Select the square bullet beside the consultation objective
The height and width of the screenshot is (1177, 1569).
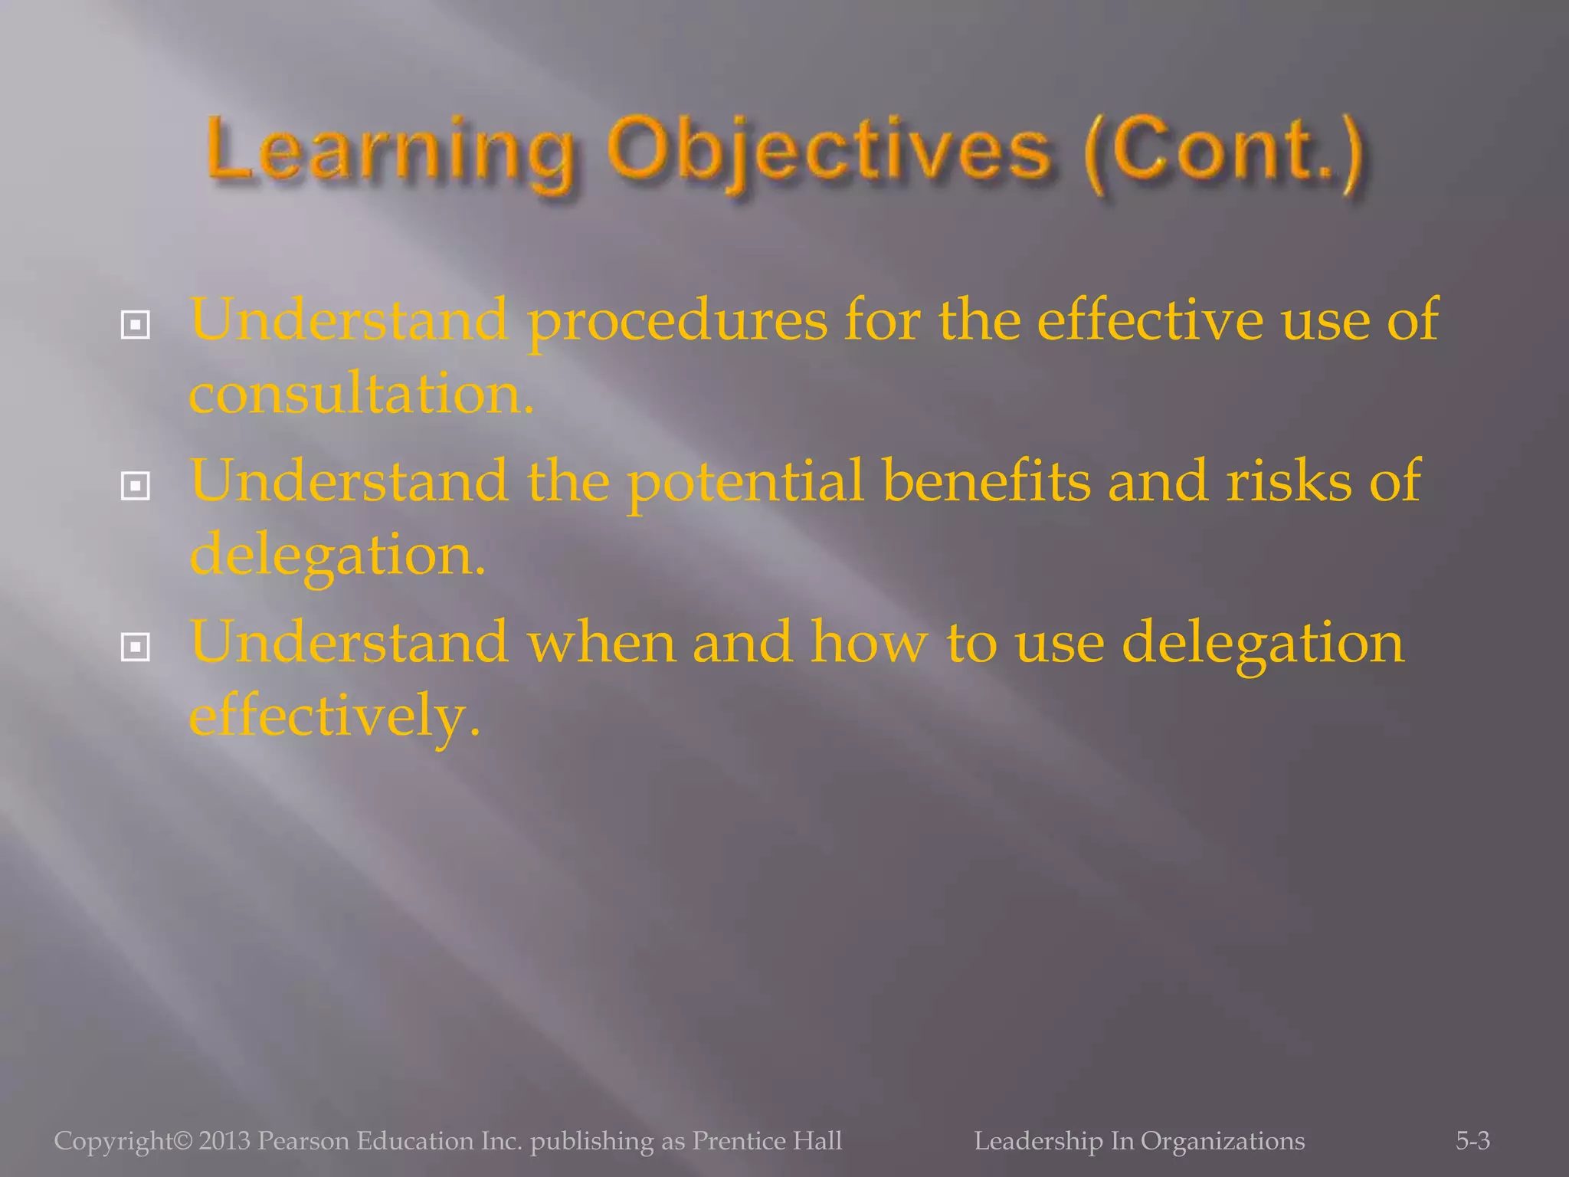click(136, 326)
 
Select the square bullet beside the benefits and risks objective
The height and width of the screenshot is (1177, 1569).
click(136, 486)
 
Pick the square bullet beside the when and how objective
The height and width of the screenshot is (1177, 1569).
click(136, 648)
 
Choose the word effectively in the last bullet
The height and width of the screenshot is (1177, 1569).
click(334, 716)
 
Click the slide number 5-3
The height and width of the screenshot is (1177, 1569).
click(1472, 1141)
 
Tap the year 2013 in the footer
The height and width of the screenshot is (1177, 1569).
click(224, 1141)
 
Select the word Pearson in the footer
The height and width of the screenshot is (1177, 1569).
click(303, 1141)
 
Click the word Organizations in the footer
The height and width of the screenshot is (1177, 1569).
click(1222, 1141)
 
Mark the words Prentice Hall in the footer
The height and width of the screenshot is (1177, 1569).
click(767, 1141)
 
